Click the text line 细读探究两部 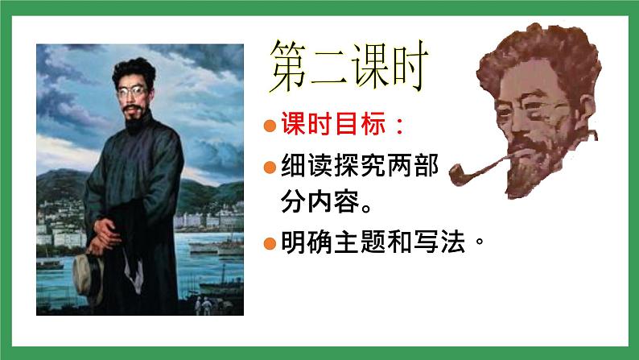coord(359,168)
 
